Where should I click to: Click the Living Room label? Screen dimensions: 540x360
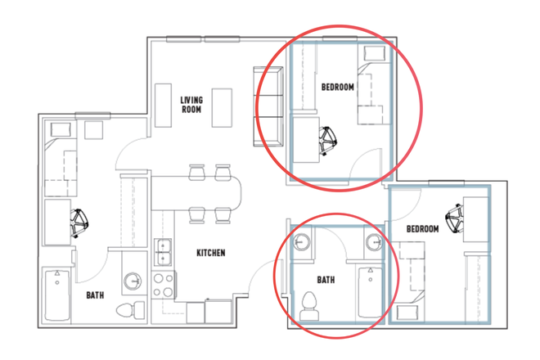click(191, 105)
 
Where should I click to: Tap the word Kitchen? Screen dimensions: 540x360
click(211, 253)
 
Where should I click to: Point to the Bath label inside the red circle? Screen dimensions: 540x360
click(326, 280)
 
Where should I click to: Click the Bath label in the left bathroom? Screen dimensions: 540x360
click(95, 295)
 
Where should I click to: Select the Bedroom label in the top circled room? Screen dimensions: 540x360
click(337, 88)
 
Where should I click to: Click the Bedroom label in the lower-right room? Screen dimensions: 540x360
click(422, 229)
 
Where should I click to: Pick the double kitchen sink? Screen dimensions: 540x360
click(163, 252)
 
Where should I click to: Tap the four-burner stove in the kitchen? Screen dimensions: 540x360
click(164, 285)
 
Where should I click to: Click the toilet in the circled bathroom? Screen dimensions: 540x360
click(309, 306)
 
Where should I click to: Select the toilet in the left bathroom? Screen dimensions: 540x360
click(131, 310)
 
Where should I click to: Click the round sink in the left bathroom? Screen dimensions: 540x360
click(133, 281)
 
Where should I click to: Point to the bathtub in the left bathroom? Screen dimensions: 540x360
click(56, 295)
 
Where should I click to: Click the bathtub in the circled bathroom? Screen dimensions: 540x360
click(370, 292)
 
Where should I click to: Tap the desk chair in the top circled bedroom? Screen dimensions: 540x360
click(327, 140)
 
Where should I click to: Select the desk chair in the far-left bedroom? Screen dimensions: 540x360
click(79, 223)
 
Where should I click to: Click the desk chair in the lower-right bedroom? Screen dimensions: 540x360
click(455, 218)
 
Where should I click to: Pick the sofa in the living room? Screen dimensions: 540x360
click(268, 106)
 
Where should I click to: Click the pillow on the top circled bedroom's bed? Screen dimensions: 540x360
click(375, 53)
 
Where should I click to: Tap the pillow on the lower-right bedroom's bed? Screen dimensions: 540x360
click(407, 313)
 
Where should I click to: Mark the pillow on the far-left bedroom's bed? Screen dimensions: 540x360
click(61, 130)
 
